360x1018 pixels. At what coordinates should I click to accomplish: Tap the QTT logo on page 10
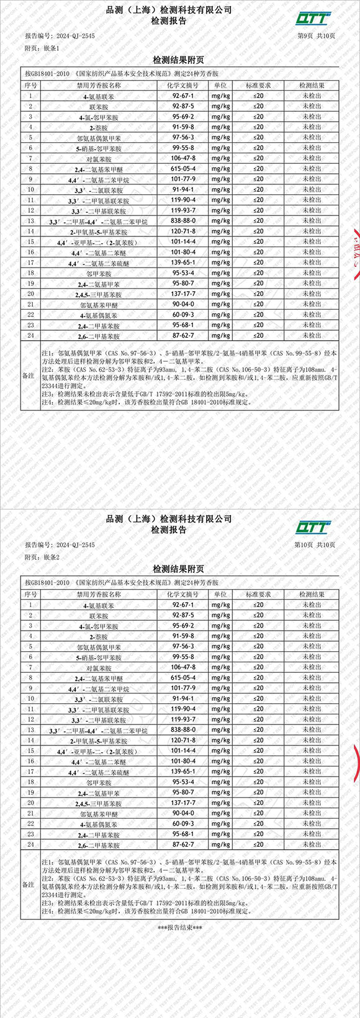tap(313, 526)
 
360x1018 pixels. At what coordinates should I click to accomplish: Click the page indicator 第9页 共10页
tap(317, 36)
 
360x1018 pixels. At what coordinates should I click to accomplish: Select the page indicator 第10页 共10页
tap(315, 545)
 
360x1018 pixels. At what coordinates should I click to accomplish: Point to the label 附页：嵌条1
tap(42, 48)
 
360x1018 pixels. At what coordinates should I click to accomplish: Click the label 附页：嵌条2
tap(42, 557)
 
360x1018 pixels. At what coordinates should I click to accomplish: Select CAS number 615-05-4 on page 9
tap(184, 169)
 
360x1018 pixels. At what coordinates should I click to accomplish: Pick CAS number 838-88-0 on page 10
tap(184, 730)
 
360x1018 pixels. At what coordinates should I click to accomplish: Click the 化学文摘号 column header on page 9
tap(184, 86)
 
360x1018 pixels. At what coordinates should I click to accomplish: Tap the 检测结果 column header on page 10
tap(312, 594)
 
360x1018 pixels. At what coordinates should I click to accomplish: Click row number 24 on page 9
tap(30, 336)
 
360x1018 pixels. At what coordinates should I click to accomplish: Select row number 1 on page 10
tap(30, 605)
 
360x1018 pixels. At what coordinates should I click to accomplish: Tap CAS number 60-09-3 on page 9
tap(184, 315)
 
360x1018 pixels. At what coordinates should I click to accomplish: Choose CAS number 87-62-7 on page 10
tap(184, 844)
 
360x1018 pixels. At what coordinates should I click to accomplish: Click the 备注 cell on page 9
tap(29, 376)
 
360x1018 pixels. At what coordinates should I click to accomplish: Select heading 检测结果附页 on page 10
tap(179, 569)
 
